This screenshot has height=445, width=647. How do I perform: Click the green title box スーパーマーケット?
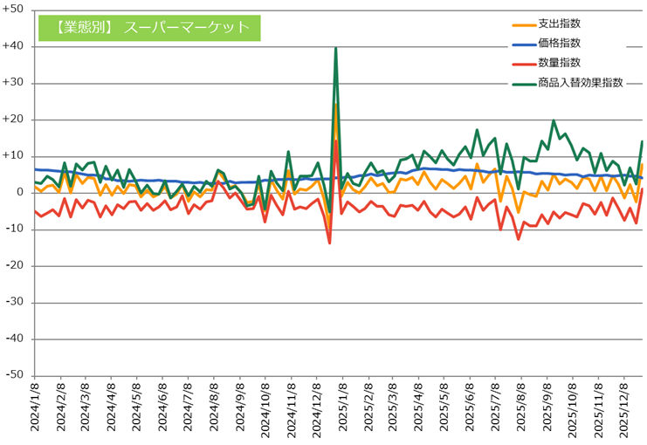pos(149,27)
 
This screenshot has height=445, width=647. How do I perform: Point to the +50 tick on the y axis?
pos(15,10)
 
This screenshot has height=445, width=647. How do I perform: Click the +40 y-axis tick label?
pos(15,47)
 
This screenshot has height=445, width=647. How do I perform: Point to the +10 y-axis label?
pos(15,156)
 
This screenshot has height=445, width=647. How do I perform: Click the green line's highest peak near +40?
pos(336,49)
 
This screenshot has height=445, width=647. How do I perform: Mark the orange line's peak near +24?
pos(336,105)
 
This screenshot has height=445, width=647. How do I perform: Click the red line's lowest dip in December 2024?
pos(329,243)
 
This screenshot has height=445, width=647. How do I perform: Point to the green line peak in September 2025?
pos(554,121)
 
